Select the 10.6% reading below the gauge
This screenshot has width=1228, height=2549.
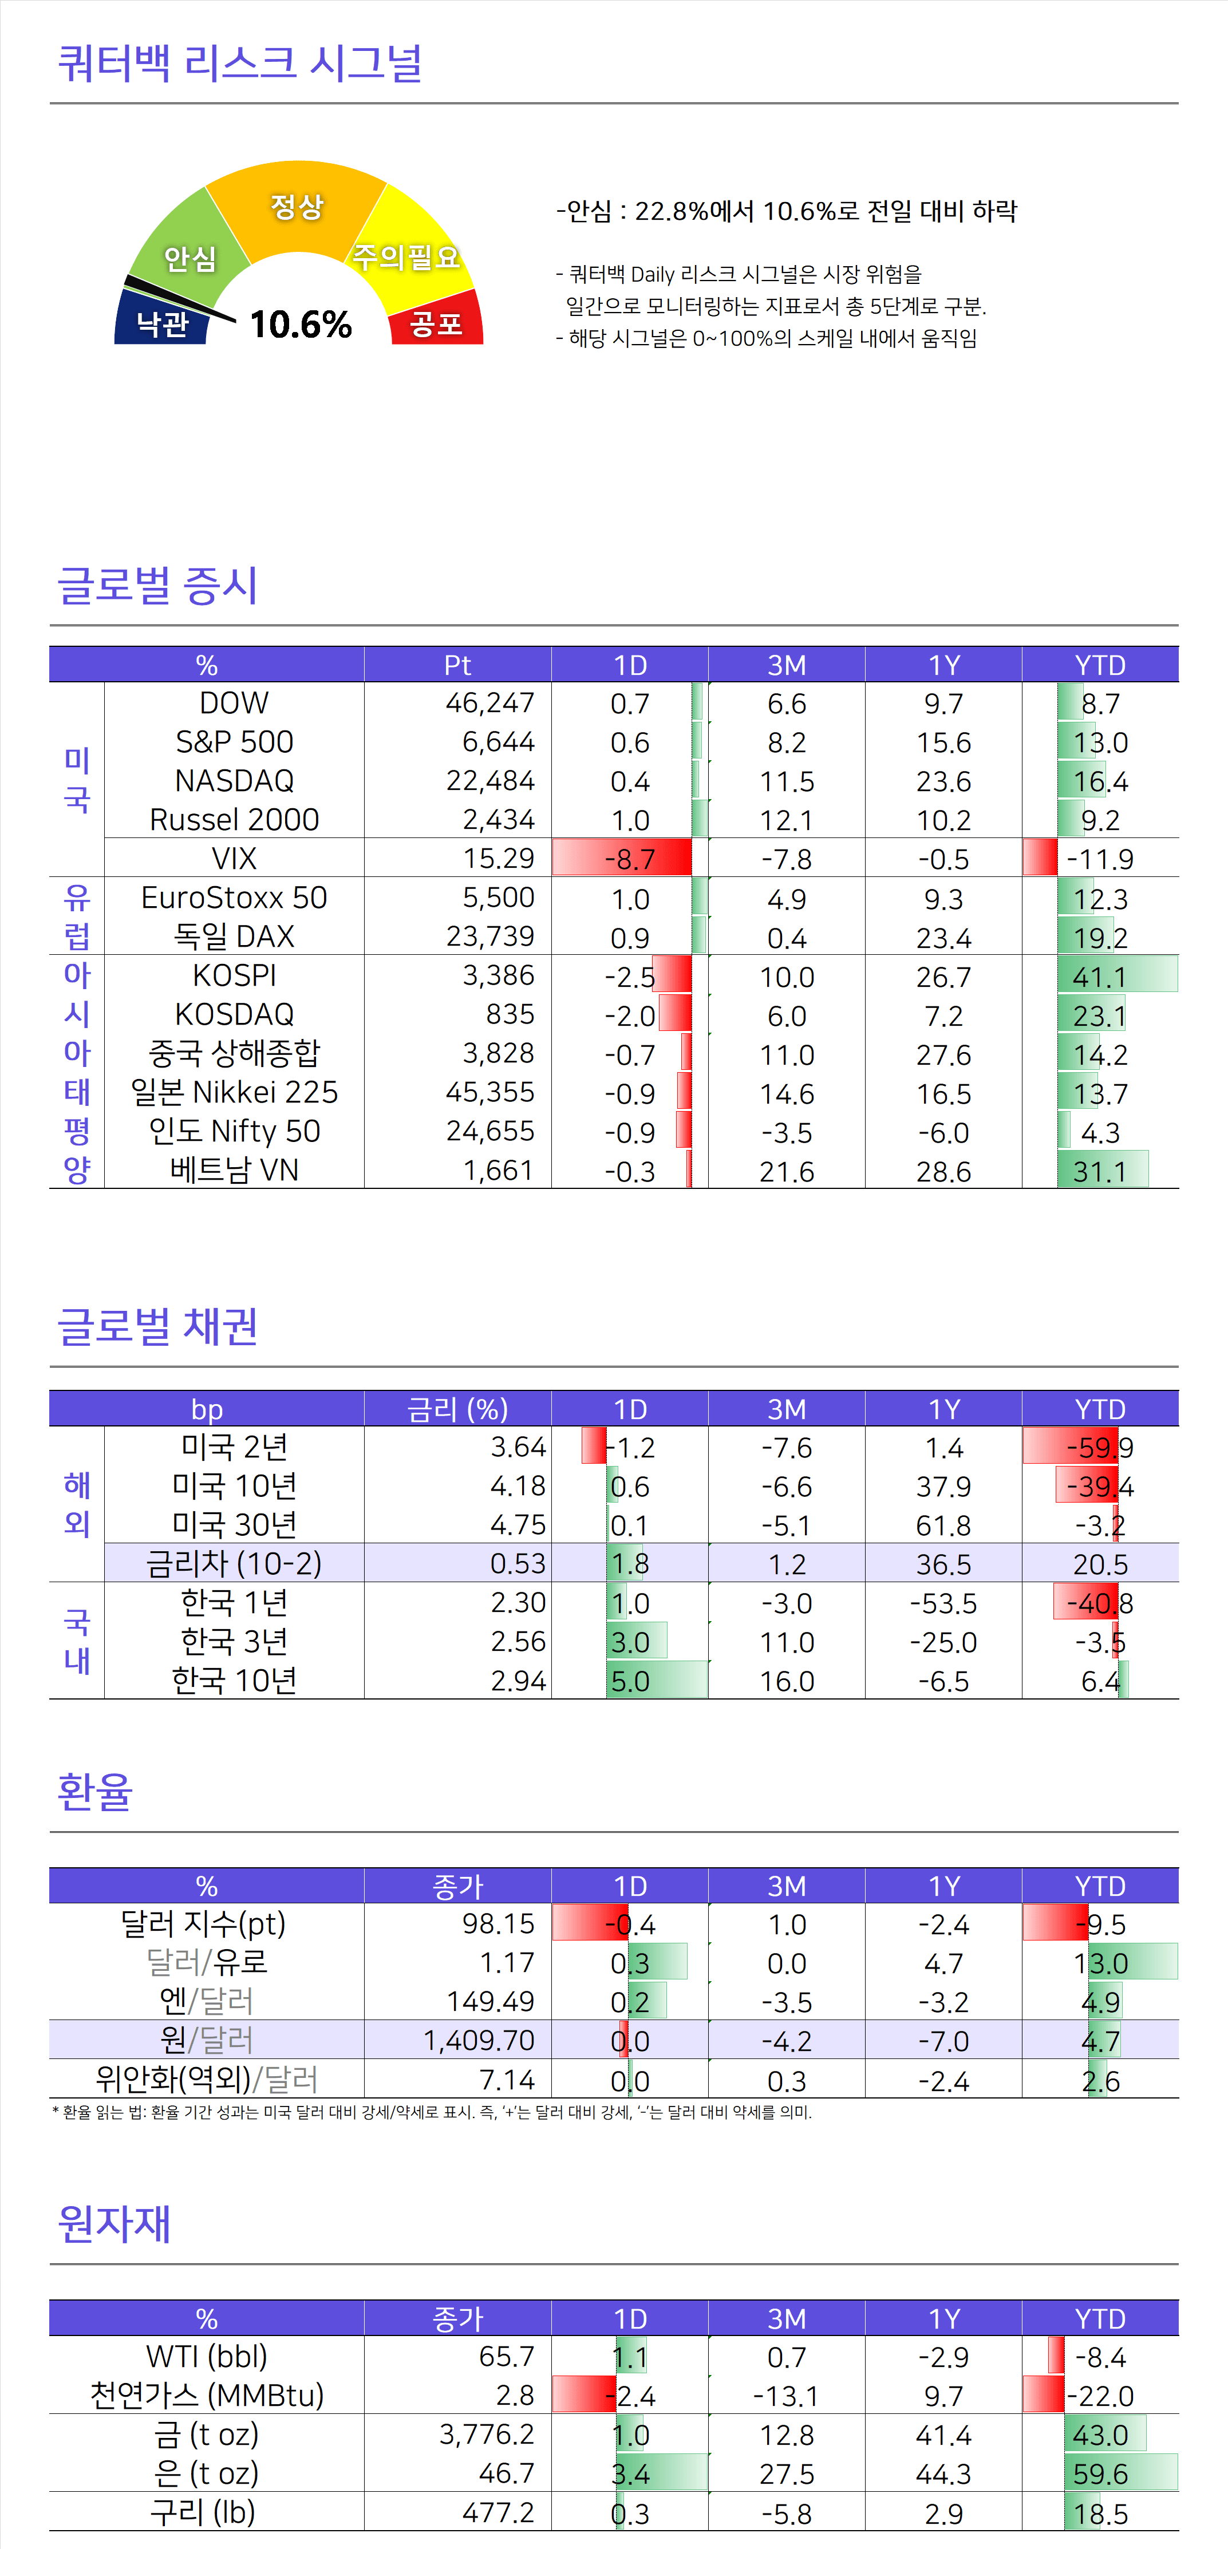point(301,323)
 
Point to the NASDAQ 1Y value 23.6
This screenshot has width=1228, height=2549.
point(943,782)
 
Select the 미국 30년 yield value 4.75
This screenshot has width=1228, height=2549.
point(518,1525)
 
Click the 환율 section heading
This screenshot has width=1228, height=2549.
point(95,1791)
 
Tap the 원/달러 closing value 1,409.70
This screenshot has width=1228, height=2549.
point(479,2040)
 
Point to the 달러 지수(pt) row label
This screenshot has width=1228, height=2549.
point(203,1923)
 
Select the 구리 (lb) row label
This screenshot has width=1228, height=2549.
point(203,2512)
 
